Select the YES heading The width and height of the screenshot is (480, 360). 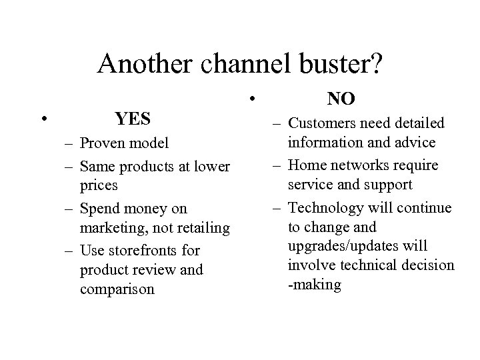coord(132,119)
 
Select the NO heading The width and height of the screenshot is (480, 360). coord(341,99)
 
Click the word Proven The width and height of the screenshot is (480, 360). coord(101,143)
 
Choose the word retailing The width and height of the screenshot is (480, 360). coord(199,228)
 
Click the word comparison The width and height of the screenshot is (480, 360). coord(116,289)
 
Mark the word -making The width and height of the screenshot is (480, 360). coord(313,285)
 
